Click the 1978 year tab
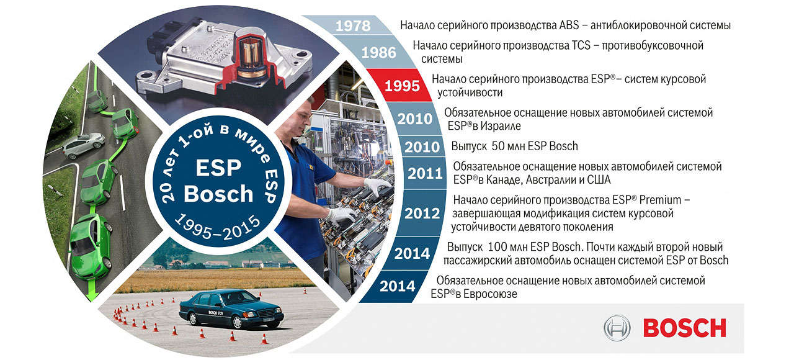352,25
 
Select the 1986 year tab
378,52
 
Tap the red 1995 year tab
402,86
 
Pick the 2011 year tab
425,174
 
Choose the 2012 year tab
422,214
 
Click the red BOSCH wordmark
684,327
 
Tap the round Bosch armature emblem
617,328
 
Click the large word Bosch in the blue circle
219,194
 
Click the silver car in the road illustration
83,146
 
